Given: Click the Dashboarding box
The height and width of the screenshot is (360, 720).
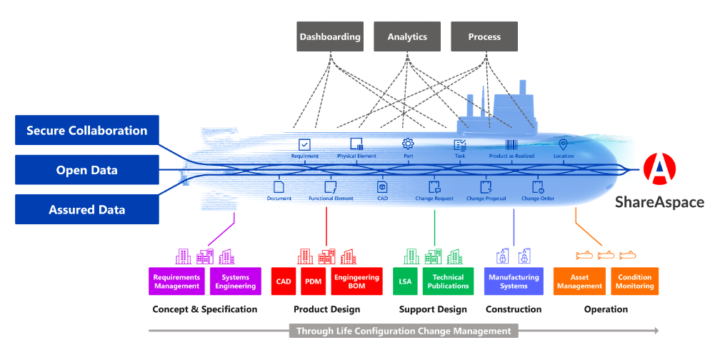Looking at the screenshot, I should click(x=330, y=36).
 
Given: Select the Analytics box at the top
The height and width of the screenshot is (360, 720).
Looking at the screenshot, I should click(x=407, y=36).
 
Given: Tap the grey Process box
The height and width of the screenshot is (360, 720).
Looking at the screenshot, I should click(x=484, y=36).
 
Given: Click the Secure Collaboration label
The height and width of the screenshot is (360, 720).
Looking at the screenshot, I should click(x=87, y=131).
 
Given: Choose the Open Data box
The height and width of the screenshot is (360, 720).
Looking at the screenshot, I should click(x=87, y=170).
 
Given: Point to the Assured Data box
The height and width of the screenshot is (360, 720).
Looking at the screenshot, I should click(x=87, y=209).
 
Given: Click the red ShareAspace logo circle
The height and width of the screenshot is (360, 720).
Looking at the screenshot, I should click(x=660, y=169).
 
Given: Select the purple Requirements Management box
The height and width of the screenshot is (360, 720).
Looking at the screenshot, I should click(x=177, y=281).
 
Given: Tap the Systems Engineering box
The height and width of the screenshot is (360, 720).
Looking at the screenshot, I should click(x=236, y=281).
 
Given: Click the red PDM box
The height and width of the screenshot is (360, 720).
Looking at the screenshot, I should click(x=313, y=281).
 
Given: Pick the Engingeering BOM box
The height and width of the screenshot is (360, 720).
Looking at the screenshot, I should click(x=357, y=281).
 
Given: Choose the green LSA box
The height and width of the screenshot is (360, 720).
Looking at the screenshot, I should click(x=405, y=281).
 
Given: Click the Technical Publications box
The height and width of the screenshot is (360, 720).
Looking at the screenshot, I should click(x=448, y=281).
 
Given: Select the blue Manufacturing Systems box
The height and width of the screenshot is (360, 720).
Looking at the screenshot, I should click(x=514, y=281).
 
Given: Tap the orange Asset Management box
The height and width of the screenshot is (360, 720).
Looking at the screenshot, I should click(x=579, y=281).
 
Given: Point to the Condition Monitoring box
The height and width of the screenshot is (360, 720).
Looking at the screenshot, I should click(x=635, y=281).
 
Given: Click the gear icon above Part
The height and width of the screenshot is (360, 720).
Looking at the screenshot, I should click(x=408, y=144).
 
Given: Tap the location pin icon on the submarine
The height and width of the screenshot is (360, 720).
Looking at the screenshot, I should click(x=563, y=144).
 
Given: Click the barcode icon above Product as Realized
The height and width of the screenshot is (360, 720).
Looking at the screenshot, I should click(x=511, y=144).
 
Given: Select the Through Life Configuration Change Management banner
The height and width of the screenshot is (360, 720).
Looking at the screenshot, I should click(x=404, y=331).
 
